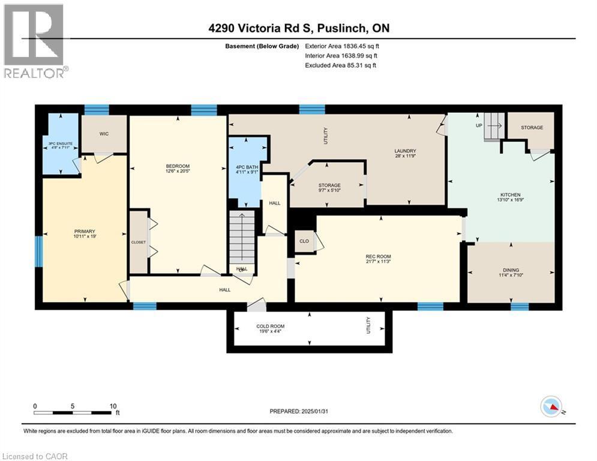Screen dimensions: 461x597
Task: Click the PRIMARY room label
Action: pos(85,231)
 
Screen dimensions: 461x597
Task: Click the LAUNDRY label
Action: pos(405,151)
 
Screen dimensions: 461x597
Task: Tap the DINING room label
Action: pos(511,270)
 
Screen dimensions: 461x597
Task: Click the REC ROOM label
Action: pos(379,257)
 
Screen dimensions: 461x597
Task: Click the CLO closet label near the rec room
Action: pos(304,241)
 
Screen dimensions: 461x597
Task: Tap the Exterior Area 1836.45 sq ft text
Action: pos(342,46)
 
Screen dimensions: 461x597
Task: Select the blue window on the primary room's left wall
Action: pos(39,250)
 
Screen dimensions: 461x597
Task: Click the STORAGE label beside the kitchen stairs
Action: pos(532,127)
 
